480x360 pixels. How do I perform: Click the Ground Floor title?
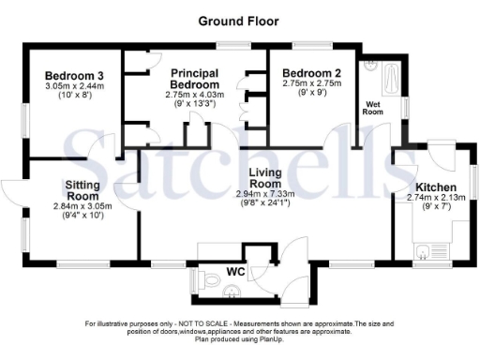(x=239, y=20)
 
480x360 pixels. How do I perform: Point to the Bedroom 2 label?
(x=311, y=73)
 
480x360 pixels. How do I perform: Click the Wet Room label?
(x=372, y=107)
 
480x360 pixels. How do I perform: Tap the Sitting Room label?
(x=82, y=190)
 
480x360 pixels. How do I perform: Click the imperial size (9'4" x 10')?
(x=82, y=216)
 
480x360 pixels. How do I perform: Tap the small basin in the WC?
(x=232, y=292)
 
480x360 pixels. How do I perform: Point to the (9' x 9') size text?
(x=310, y=93)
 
